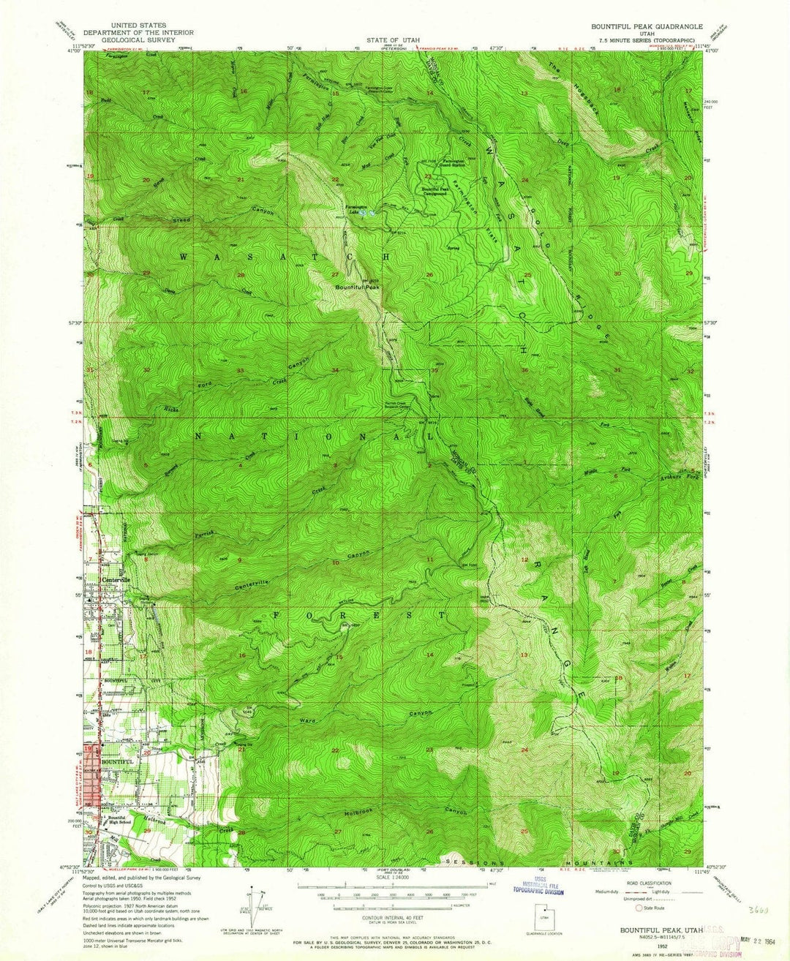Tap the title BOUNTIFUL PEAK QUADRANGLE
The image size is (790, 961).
coord(647,26)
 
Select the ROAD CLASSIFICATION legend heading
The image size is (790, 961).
coord(653,883)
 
